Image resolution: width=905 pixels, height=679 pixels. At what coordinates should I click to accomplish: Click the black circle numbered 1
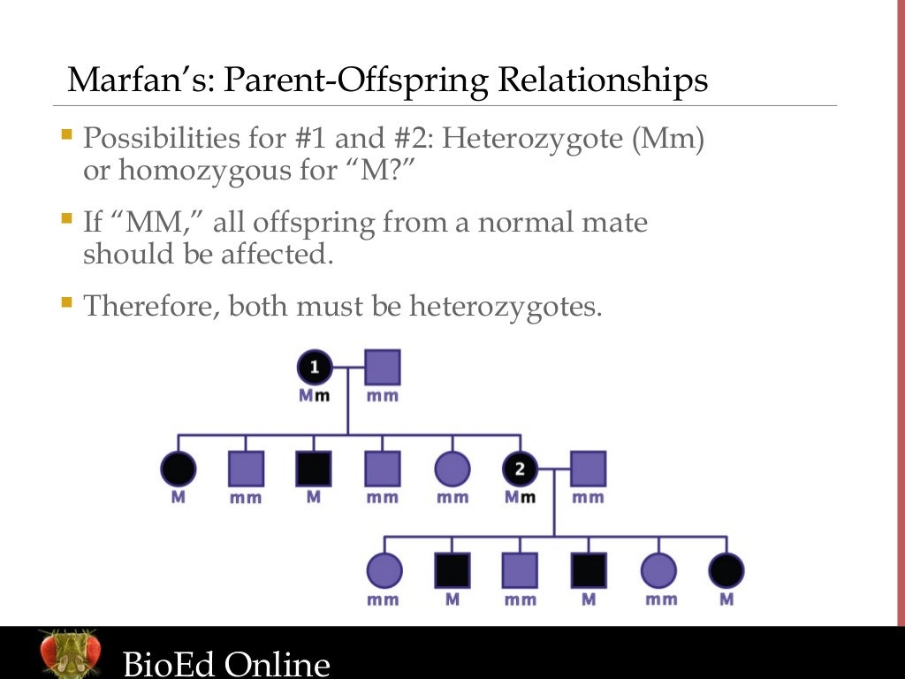pyautogui.click(x=316, y=367)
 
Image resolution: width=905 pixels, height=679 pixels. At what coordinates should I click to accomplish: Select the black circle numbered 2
pyautogui.click(x=520, y=469)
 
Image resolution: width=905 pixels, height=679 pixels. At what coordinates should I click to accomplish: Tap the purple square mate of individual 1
pyautogui.click(x=383, y=367)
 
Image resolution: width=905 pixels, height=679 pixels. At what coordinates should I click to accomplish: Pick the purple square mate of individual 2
pyautogui.click(x=588, y=469)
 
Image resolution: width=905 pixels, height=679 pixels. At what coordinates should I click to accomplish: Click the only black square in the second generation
pyautogui.click(x=314, y=469)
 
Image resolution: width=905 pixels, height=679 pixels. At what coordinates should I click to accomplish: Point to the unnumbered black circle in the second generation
pyautogui.click(x=178, y=469)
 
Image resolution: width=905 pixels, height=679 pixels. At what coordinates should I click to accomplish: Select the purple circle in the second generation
pyautogui.click(x=452, y=469)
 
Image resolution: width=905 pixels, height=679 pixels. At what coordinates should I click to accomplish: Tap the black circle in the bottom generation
pyautogui.click(x=726, y=570)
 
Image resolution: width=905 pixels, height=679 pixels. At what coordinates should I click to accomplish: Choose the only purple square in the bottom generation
pyautogui.click(x=520, y=570)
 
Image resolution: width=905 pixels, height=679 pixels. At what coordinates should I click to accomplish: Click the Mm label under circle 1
pyautogui.click(x=315, y=395)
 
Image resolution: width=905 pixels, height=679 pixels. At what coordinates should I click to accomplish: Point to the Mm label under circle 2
pyautogui.click(x=520, y=497)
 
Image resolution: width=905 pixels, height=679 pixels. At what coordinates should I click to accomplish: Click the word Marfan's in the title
pyautogui.click(x=141, y=80)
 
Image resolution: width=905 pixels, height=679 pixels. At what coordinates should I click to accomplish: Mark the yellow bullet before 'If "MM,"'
pyautogui.click(x=67, y=217)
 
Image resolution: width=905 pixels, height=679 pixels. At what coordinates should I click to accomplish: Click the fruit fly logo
pyautogui.click(x=69, y=653)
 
